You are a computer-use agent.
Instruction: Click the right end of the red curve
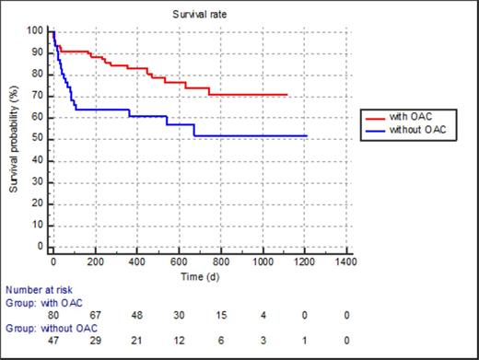coord(287,94)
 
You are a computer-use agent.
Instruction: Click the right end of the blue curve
coord(305,135)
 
